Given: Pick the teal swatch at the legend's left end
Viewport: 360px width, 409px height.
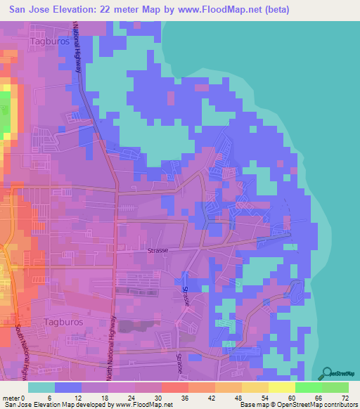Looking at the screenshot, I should [x=41, y=387].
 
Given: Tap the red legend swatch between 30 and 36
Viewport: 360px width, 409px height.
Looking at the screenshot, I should [x=174, y=387].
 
